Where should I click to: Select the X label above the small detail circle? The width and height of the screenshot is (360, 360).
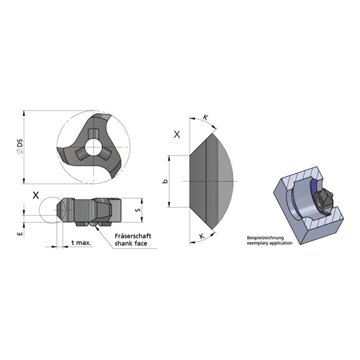pyautogui.click(x=37, y=194)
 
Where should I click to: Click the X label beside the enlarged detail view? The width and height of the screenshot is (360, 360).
pyautogui.click(x=177, y=134)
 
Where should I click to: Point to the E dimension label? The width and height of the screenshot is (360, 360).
pyautogui.click(x=20, y=232)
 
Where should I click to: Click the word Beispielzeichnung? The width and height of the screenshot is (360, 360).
pyautogui.click(x=265, y=237)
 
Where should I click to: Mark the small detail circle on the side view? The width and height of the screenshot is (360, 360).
pyautogui.click(x=49, y=212)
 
